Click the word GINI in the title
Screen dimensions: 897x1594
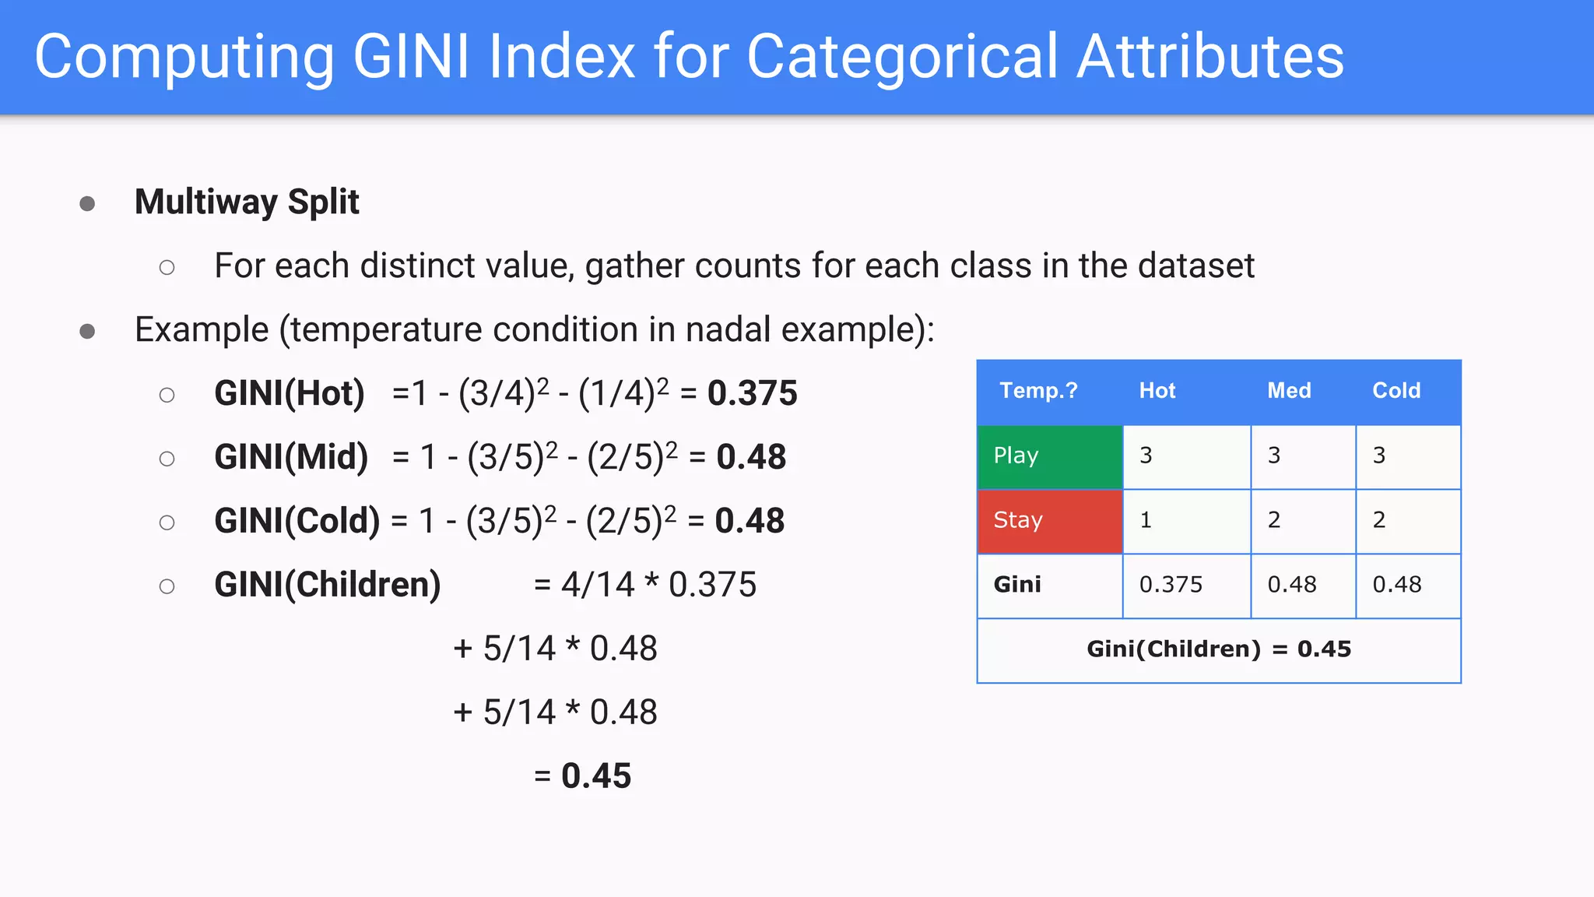410,56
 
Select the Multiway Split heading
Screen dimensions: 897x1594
247,202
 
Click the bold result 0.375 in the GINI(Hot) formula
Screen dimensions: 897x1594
752,393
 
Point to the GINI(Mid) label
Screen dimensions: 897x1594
290,457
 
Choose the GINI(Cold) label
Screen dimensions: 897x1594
297,521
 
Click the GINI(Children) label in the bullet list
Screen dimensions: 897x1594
327,585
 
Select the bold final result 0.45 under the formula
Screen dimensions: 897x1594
595,776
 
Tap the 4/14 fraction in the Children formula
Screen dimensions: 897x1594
598,585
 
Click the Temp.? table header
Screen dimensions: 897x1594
1038,391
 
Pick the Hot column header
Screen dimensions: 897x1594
1157,391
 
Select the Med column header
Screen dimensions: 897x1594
1289,391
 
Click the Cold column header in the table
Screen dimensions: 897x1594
1396,391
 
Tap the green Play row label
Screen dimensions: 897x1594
1049,456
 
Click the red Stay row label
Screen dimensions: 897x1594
1049,521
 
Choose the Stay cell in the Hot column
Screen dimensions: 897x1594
1186,521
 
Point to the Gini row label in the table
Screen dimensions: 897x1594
1017,585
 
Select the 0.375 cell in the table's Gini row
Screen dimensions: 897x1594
1171,585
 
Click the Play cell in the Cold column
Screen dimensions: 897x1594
1407,456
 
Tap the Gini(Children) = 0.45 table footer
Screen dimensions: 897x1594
1219,649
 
